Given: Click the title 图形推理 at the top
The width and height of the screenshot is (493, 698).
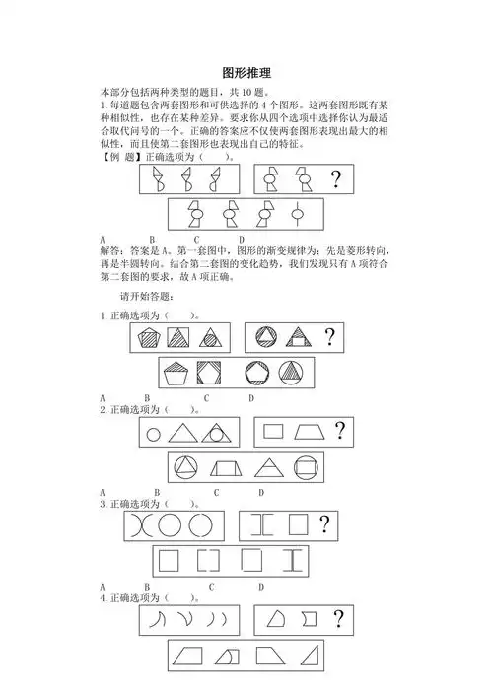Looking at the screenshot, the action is pyautogui.click(x=246, y=73).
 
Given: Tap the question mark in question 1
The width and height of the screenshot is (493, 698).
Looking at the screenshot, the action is pyautogui.click(x=329, y=338).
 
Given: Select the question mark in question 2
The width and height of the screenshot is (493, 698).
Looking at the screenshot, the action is pyautogui.click(x=340, y=430).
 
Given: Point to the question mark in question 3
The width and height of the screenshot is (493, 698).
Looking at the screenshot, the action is pyautogui.click(x=321, y=524).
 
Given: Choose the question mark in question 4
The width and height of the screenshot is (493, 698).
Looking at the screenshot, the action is pyautogui.click(x=338, y=619).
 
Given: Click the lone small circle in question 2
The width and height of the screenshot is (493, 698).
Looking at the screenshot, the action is pyautogui.click(x=153, y=432).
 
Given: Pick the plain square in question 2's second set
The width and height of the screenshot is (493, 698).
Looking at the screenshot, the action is pyautogui.click(x=274, y=431).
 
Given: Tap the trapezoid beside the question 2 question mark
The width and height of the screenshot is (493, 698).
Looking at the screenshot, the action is pyautogui.click(x=309, y=431).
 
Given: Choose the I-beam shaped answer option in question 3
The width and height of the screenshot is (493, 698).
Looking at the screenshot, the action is pyautogui.click(x=294, y=561).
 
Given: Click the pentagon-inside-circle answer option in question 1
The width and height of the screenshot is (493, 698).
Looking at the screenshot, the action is pyautogui.click(x=251, y=374).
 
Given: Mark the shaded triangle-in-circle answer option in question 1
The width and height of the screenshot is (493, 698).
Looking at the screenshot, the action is pyautogui.click(x=294, y=374).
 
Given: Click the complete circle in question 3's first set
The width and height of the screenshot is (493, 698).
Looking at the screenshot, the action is pyautogui.click(x=169, y=524).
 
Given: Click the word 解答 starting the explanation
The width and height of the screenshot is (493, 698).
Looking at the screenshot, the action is pyautogui.click(x=111, y=249).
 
